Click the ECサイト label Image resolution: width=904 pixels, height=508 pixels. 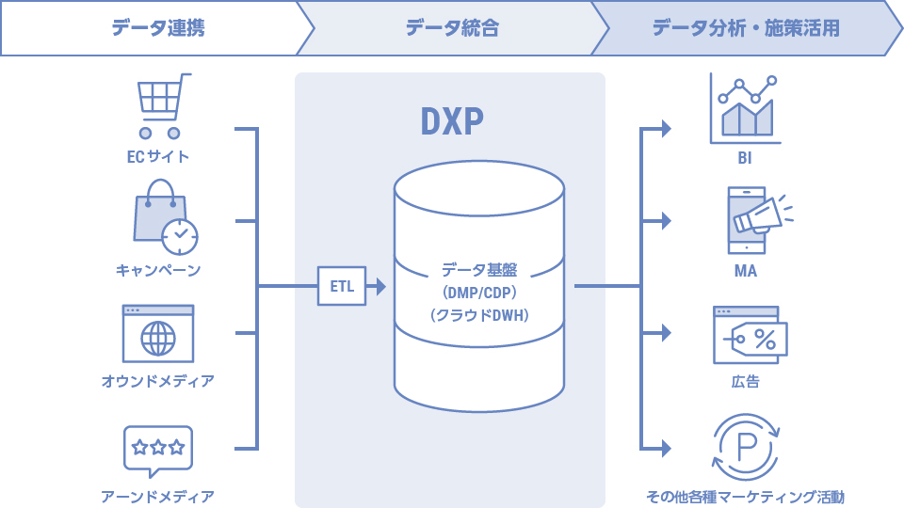[158, 157]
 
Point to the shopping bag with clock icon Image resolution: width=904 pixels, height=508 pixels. [165, 217]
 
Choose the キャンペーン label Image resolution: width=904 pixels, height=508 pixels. [158, 271]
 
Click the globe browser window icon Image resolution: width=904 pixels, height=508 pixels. [158, 333]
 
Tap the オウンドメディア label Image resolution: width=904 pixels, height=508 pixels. [158, 382]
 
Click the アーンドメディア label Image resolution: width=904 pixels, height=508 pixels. [158, 496]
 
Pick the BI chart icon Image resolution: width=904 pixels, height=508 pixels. [745, 108]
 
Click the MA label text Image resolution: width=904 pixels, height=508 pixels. [745, 272]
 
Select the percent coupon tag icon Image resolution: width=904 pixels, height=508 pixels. [750, 335]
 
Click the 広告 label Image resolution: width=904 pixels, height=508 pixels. [745, 382]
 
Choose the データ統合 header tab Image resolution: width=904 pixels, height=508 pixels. [452, 28]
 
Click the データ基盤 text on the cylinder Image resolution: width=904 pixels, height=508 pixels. [479, 270]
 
